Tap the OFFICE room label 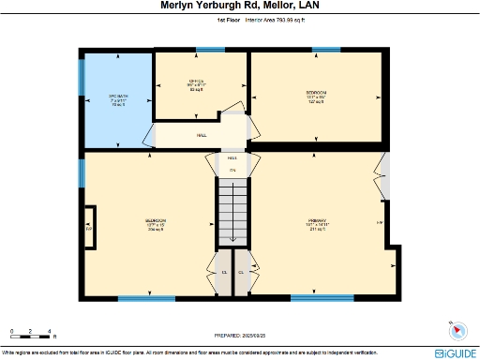pyautogui.click(x=197, y=84)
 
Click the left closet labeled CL pyautogui.click(x=224, y=272)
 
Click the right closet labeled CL pyautogui.click(x=241, y=272)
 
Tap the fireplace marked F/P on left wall pyautogui.click(x=88, y=228)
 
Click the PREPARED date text pyautogui.click(x=240, y=335)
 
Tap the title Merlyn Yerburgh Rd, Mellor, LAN pyautogui.click(x=240, y=6)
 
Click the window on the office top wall pyautogui.click(x=203, y=50)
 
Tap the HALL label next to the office pyautogui.click(x=202, y=136)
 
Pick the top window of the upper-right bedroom pyautogui.click(x=325, y=50)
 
